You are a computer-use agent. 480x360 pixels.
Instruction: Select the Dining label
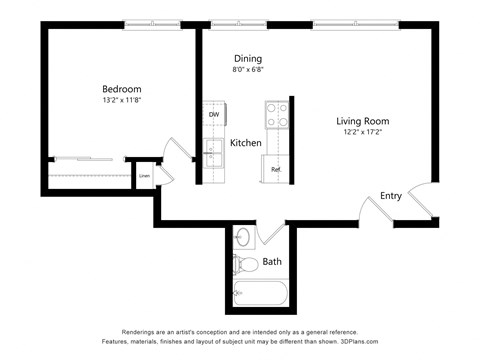coord(248,58)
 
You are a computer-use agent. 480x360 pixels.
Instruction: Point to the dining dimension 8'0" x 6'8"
coord(248,70)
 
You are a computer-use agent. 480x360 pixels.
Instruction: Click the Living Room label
coord(362,120)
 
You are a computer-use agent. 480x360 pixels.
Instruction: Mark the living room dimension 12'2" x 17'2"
coord(362,132)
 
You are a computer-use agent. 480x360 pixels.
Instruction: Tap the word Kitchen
coord(246,144)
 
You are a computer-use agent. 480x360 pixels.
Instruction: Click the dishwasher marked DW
coord(214,115)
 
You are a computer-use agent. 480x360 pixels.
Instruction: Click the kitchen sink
coord(213,153)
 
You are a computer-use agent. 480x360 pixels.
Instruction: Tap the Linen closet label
coord(145,176)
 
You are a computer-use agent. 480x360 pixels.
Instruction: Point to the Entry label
coord(391,196)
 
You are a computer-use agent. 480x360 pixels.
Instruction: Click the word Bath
coord(272,263)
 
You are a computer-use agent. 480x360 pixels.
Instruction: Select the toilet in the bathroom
coord(242,265)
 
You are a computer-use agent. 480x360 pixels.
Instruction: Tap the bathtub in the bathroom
coord(260,294)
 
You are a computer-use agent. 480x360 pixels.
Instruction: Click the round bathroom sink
coord(243,238)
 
